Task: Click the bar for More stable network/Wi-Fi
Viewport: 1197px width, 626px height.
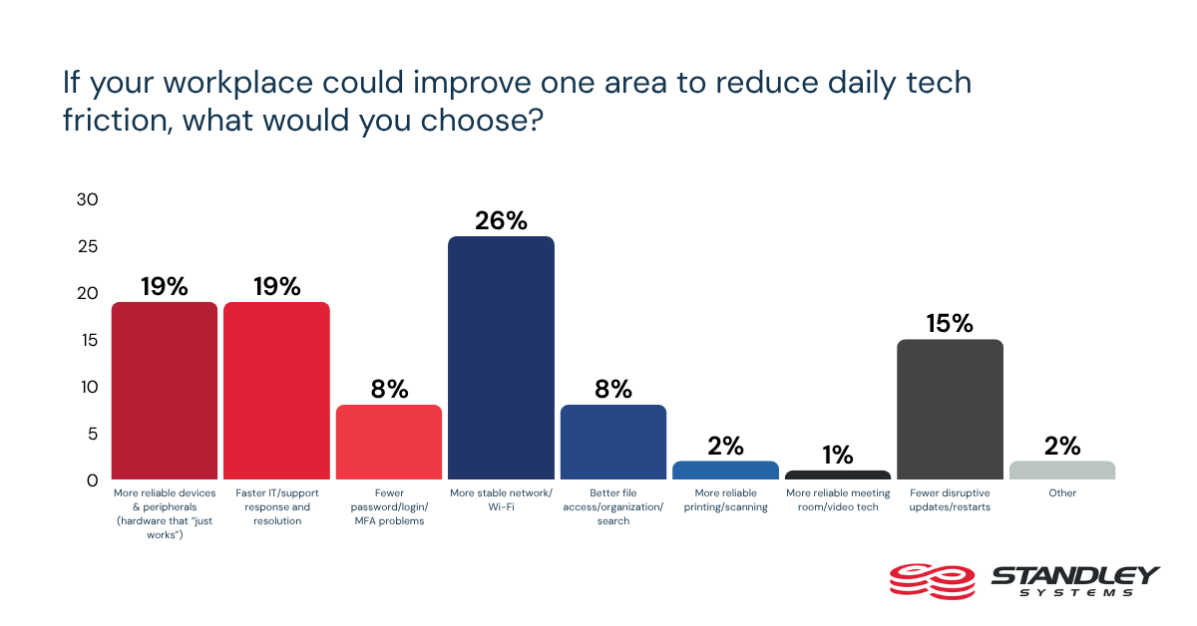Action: tap(501, 358)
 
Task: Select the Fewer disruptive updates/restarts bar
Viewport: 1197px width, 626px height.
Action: tap(950, 409)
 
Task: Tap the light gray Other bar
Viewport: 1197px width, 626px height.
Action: tap(1061, 470)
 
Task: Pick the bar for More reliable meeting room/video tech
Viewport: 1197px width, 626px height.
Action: tap(837, 474)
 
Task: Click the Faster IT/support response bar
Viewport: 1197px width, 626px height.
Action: tap(276, 391)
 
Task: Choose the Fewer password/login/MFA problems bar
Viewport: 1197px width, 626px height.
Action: tap(388, 443)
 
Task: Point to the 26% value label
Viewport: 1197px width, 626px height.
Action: tap(501, 220)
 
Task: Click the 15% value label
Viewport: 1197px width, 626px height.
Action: tap(950, 323)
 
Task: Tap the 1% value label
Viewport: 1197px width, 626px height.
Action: tap(837, 456)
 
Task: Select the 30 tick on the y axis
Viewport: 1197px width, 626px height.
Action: tap(87, 199)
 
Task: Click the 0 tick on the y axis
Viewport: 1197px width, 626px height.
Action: tap(93, 480)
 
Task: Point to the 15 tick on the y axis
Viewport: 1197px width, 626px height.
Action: tap(89, 340)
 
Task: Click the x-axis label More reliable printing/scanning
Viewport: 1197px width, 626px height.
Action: tap(725, 500)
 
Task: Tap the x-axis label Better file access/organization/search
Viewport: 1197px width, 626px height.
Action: tap(612, 507)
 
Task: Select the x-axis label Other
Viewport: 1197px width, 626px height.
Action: tap(1061, 493)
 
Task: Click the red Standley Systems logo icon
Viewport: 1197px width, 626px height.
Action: tap(932, 581)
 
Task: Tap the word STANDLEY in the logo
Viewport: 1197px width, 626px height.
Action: tap(1075, 576)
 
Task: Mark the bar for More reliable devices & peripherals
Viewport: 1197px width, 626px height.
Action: tap(164, 391)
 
